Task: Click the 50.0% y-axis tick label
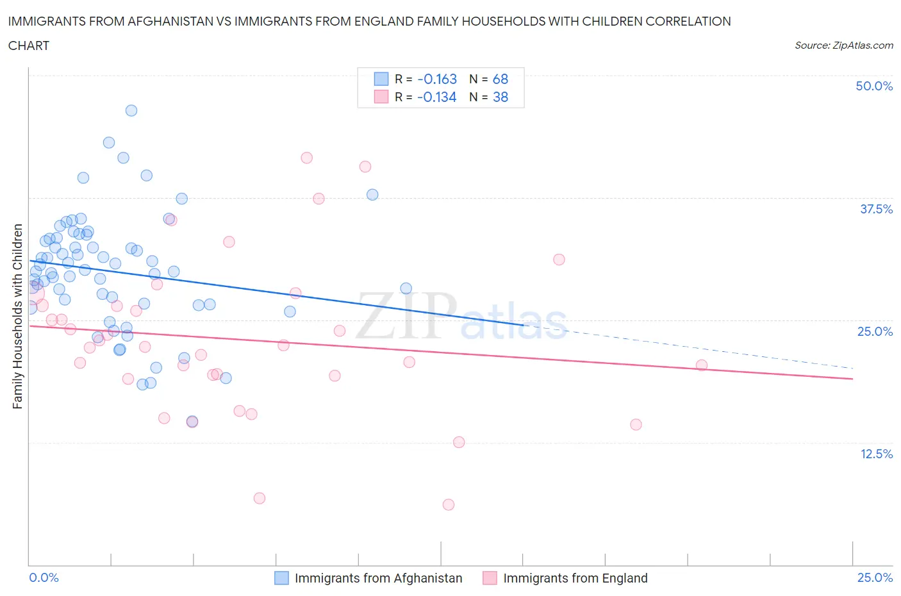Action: [873, 86]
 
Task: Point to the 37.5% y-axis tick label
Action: [875, 209]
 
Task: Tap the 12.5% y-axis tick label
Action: [875, 454]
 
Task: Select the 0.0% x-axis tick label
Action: [44, 577]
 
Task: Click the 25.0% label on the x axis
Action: [875, 577]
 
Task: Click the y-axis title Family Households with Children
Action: [17, 316]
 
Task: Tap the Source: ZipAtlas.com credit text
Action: [843, 46]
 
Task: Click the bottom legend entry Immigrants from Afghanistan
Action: [377, 578]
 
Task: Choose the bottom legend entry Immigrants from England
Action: [575, 578]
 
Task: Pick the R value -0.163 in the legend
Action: [437, 79]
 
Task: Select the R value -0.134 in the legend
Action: [437, 97]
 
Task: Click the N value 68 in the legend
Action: [500, 79]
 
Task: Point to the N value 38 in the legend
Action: [500, 97]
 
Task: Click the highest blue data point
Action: [131, 110]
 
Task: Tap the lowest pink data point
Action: [449, 504]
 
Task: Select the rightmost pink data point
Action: [702, 365]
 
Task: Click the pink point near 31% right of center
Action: [559, 260]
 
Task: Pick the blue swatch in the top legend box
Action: [381, 79]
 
